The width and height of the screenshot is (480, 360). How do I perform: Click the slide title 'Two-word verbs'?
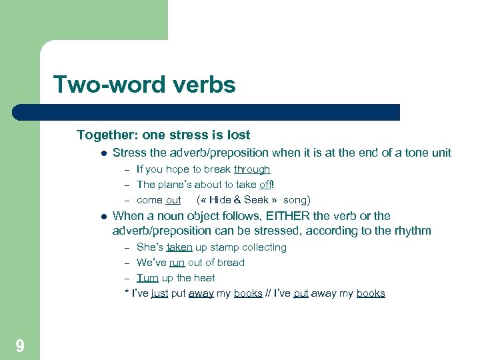(x=144, y=85)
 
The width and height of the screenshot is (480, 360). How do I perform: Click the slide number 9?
(x=20, y=345)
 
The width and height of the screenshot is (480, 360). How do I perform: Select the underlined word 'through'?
(x=252, y=169)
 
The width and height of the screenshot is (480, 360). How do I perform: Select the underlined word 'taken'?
(x=179, y=247)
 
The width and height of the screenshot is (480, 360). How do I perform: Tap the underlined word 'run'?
(x=177, y=263)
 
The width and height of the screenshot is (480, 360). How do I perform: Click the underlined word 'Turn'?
(x=147, y=278)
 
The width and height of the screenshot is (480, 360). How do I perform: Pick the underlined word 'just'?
(x=159, y=293)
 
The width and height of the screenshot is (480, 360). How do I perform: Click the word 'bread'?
(x=231, y=263)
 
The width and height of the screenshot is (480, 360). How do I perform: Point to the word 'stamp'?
(x=225, y=247)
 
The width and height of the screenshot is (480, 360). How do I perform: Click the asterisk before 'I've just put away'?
(x=127, y=292)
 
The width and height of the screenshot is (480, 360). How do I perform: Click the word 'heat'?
(x=204, y=278)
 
